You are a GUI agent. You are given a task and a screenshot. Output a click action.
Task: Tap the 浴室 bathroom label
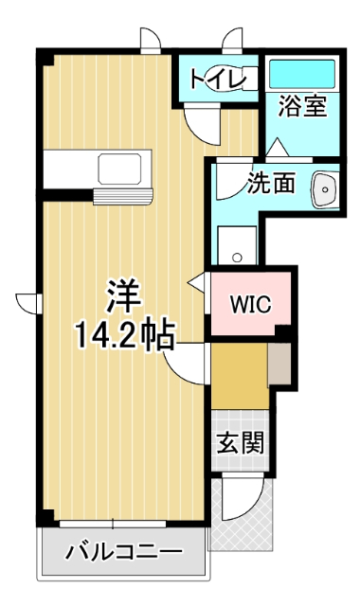click(x=302, y=106)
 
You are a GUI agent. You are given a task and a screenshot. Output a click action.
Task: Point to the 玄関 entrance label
click(x=241, y=443)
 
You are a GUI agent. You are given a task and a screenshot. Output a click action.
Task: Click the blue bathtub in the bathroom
click(x=301, y=74)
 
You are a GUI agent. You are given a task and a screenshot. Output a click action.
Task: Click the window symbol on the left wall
click(x=29, y=302)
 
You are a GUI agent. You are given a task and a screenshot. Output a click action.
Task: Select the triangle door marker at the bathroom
click(x=277, y=147)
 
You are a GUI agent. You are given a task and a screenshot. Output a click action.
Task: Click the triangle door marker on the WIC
click(x=197, y=281)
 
